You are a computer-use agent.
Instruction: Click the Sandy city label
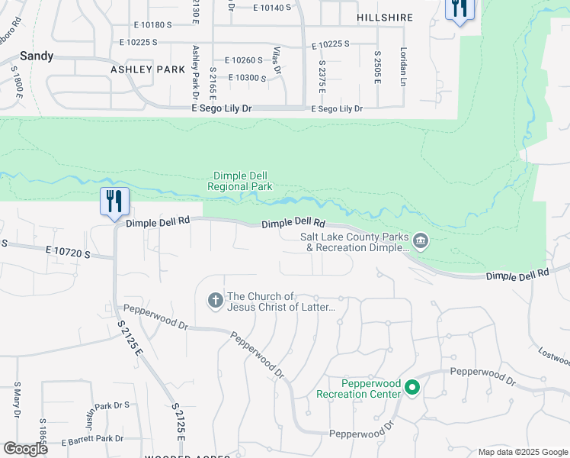pos(37,56)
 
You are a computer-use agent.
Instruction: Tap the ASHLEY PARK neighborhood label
pos(148,69)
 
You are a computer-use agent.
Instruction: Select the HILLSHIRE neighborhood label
pos(384,18)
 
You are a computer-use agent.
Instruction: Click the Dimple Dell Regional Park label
pos(242,181)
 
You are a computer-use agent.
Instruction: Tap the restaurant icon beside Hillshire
pos(460,10)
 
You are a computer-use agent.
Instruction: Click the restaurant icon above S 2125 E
pos(114,202)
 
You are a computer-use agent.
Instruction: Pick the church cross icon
pos(216,302)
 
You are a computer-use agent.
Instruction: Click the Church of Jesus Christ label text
pos(282,302)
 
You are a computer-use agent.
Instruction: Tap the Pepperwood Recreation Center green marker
pos(412,388)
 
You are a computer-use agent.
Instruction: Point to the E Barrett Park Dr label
pos(91,439)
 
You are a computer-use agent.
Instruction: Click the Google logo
pos(25,449)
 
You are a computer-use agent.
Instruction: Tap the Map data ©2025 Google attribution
pos(523,452)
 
